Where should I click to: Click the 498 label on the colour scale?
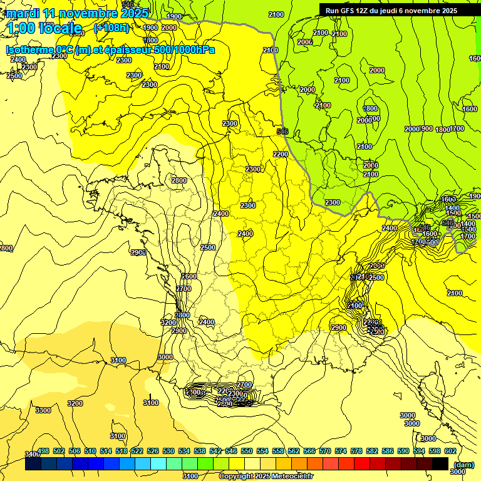coord(43,451)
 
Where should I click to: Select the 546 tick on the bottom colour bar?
coord(230,451)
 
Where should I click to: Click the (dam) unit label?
coord(463,465)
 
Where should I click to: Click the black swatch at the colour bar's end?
coord(440,463)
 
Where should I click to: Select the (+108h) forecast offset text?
coord(111,28)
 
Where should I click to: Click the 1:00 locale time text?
coord(44,28)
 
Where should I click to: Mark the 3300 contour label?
coord(43,410)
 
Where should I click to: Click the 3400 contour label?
coord(32,454)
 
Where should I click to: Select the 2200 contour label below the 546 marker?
coord(281,154)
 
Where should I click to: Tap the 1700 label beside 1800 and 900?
coord(457,128)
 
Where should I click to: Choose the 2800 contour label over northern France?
coord(179,180)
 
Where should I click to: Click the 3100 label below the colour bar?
coord(190,476)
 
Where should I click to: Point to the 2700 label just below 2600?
coord(184,289)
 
